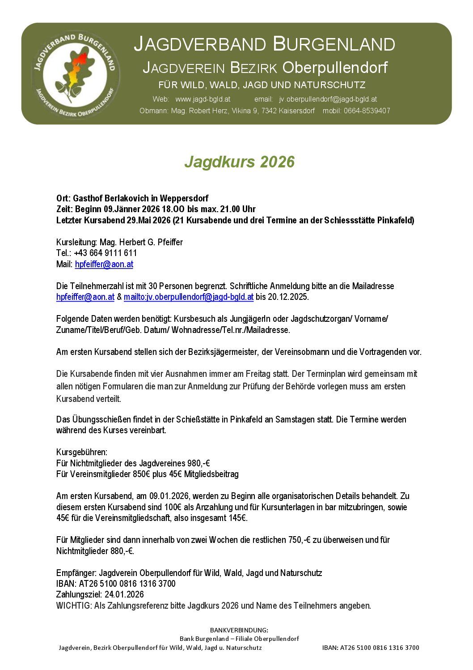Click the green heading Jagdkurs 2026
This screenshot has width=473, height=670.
pos(239,162)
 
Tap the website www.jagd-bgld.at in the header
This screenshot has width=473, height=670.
pos(203,99)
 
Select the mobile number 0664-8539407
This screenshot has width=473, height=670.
pos(367,111)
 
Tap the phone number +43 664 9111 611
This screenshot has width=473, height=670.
pos(106,253)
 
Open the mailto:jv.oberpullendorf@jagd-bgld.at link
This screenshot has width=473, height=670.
pos(189,297)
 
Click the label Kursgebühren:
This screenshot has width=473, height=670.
pos(82,452)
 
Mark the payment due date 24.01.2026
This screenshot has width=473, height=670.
pos(124,594)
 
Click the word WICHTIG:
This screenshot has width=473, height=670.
pos(74,606)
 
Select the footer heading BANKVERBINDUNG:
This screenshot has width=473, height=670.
pos(239,630)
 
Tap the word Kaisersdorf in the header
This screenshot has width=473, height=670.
pos(297,111)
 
